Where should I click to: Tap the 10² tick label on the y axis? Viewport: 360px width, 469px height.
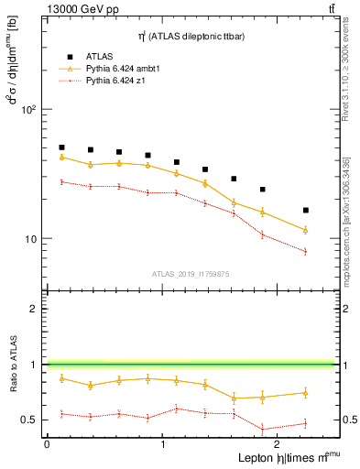tap(27, 109)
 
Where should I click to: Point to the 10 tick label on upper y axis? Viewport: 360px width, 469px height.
tap(29, 239)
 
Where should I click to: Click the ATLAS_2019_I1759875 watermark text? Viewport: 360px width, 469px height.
tap(190, 274)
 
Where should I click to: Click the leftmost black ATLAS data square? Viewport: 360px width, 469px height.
tap(61, 147)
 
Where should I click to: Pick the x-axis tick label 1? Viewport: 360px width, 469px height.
tap(162, 443)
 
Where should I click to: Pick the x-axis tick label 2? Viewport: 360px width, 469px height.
tap(278, 443)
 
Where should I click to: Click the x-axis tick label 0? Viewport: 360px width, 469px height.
tap(47, 443)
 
